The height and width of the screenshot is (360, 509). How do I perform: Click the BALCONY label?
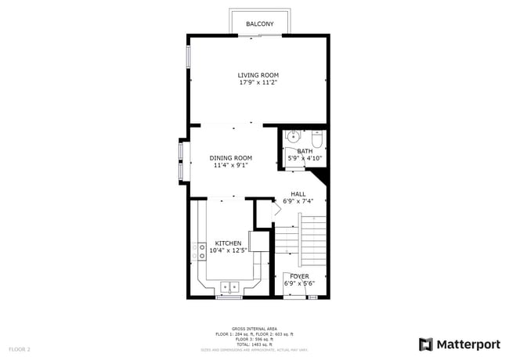259,24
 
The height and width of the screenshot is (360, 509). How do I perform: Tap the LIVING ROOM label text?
258,75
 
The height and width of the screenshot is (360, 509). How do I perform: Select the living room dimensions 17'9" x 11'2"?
258,82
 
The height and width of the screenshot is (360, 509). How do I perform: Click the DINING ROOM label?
230,158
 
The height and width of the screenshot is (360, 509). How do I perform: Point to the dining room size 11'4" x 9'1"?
230,165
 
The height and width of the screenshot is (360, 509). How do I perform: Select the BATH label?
304,151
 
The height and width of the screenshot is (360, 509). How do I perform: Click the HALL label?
298,194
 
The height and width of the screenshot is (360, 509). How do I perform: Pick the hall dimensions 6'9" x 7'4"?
298,201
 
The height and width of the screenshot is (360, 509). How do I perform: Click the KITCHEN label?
228,243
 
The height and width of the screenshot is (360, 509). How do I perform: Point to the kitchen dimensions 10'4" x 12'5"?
228,250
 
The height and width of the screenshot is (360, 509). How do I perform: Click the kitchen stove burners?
198,250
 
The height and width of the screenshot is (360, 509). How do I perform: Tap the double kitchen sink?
229,286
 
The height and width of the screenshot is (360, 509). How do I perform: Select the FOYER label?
298,276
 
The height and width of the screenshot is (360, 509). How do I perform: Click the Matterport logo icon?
426,344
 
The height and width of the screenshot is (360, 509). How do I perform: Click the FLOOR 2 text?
20,348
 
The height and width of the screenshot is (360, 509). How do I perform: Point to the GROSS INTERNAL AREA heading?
254,329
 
